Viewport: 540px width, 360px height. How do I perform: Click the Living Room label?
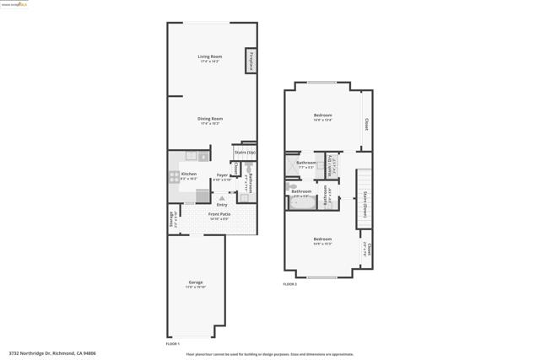pos(209,57)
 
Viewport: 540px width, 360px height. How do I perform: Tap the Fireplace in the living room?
pos(251,61)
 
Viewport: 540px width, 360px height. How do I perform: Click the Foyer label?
pos(222,175)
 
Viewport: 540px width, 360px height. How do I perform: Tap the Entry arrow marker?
pos(222,197)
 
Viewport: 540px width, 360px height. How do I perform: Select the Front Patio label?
pos(219,214)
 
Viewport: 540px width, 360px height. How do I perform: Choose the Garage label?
pos(195,282)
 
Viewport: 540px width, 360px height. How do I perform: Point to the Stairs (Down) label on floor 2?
pos(364,203)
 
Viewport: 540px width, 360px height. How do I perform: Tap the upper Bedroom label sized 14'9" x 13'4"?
pos(322,116)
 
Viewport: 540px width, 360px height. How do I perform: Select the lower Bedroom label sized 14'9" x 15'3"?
pos(322,239)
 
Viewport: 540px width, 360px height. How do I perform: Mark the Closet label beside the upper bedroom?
pos(366,124)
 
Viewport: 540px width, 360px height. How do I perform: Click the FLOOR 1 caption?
pos(173,344)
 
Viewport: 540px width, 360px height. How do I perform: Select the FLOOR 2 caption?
pos(289,284)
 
